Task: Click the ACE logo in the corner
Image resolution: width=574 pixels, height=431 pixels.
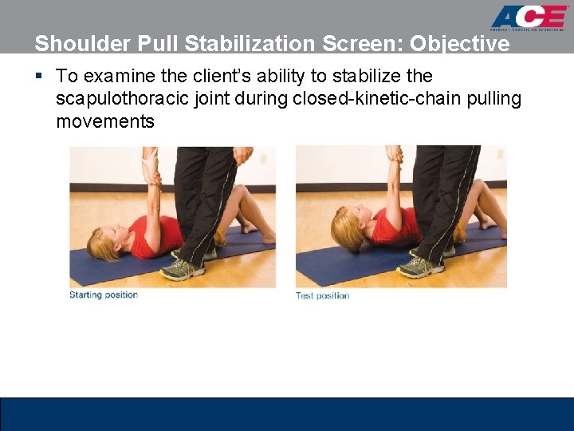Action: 529,18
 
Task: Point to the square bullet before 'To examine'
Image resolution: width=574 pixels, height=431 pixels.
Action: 39,77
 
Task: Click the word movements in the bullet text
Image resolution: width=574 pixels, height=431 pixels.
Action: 104,121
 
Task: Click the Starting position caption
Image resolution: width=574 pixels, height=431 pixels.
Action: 104,295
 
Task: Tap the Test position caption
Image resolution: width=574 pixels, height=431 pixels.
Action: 322,295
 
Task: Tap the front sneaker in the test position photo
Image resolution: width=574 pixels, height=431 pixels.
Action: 416,266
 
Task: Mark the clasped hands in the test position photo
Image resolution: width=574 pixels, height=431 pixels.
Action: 393,154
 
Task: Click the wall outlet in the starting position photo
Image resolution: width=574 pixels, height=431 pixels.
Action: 261,159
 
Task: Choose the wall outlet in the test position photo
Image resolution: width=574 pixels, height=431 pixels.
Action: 499,154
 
